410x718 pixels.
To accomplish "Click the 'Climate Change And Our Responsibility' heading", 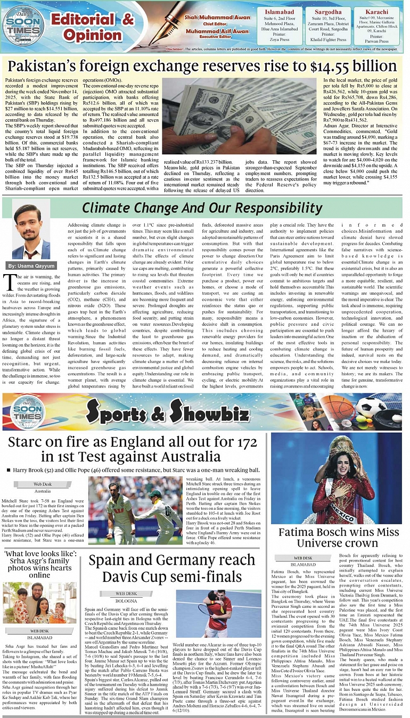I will (x=202, y=208).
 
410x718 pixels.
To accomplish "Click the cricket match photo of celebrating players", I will (x=135, y=510).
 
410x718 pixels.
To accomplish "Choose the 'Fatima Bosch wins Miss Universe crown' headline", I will (x=339, y=538).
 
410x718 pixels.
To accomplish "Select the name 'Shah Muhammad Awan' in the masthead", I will (x=210, y=18).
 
